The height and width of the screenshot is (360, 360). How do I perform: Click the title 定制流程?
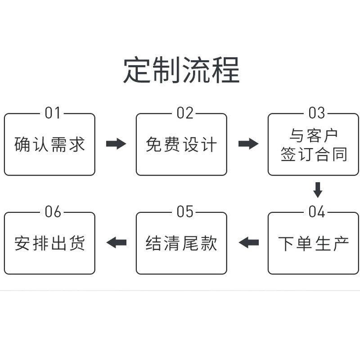[x=181, y=70]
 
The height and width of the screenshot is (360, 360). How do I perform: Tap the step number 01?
[x=52, y=113]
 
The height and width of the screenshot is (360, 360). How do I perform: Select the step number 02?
[x=184, y=113]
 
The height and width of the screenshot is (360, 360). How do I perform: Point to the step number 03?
[x=317, y=113]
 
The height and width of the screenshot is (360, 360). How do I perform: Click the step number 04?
[x=317, y=211]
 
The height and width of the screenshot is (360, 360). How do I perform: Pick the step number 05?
[x=184, y=211]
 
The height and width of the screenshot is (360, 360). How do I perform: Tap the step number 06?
[x=53, y=211]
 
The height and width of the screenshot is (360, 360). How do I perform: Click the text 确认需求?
[x=49, y=144]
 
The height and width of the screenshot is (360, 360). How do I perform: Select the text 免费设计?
[x=181, y=144]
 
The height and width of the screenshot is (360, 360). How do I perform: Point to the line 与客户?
[x=313, y=135]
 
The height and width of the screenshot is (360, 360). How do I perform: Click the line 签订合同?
[x=313, y=154]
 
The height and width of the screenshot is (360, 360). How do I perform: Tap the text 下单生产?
[x=313, y=243]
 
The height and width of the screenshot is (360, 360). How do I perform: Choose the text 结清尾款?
[x=181, y=243]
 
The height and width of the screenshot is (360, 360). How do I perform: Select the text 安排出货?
[x=49, y=243]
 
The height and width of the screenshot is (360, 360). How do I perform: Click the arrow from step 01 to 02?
[x=116, y=144]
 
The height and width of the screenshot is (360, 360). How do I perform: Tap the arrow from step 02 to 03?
[x=248, y=144]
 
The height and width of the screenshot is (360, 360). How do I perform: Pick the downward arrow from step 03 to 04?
[x=318, y=190]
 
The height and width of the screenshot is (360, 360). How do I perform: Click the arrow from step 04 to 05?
[x=249, y=243]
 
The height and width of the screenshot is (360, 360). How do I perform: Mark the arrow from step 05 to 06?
[x=117, y=243]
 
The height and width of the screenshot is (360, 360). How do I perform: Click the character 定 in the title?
[x=137, y=70]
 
